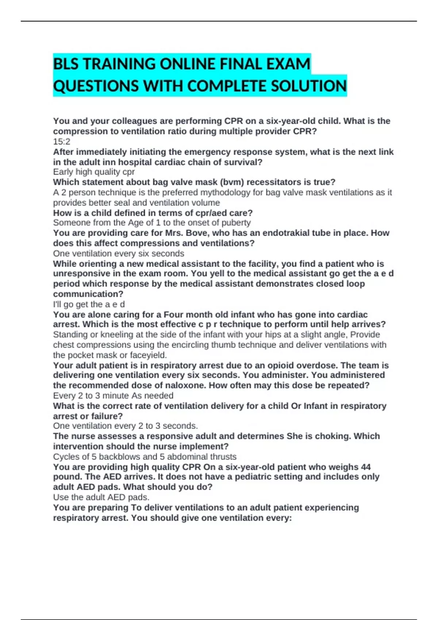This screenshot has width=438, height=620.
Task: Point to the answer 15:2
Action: (x=61, y=142)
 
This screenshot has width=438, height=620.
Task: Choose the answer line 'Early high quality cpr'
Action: (x=94, y=172)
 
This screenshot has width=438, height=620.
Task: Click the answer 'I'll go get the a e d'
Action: (x=89, y=304)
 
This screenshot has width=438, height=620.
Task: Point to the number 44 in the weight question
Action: (x=365, y=467)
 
